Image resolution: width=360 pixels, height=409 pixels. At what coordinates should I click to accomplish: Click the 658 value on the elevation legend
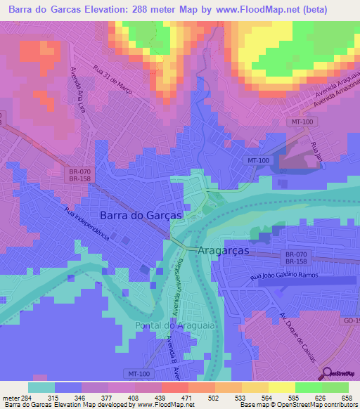click(x=347, y=397)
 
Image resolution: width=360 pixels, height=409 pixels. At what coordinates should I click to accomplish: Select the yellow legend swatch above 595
click(x=282, y=387)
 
